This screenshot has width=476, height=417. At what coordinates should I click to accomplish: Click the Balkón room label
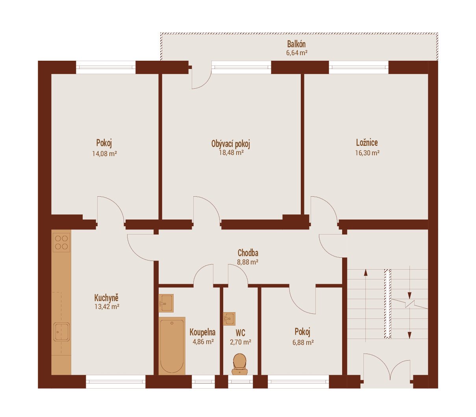click(x=296, y=44)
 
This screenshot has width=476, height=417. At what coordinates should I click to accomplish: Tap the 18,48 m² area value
click(x=231, y=153)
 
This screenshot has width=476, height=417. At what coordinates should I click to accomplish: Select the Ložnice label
click(x=367, y=143)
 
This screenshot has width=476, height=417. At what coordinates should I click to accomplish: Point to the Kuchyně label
click(x=106, y=298)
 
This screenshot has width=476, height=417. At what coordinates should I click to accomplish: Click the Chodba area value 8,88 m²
click(x=248, y=262)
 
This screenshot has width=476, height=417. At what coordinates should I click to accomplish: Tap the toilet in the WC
click(x=239, y=364)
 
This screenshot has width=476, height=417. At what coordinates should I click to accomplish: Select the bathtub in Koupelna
click(x=172, y=346)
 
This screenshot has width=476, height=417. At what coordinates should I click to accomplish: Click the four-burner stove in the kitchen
click(x=61, y=242)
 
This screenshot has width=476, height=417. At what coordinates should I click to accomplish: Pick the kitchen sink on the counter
click(x=61, y=332)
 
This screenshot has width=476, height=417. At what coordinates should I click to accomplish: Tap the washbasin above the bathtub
click(x=166, y=303)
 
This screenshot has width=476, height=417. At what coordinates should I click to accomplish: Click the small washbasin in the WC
click(x=229, y=319)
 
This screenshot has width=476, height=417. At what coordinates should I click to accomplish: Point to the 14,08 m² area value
click(x=104, y=154)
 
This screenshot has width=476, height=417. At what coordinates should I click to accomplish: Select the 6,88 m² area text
click(x=303, y=343)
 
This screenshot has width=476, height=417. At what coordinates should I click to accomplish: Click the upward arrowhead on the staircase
click(x=365, y=272)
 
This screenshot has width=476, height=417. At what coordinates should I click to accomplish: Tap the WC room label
click(x=240, y=333)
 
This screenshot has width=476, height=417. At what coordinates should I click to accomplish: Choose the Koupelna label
click(x=202, y=332)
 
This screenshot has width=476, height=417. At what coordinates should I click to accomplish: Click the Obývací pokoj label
click(x=231, y=144)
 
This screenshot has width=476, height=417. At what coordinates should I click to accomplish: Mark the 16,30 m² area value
click(x=367, y=153)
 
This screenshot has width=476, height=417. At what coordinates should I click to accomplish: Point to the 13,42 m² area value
click(x=107, y=307)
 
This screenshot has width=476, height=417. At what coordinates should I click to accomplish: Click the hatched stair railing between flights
click(x=387, y=303)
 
